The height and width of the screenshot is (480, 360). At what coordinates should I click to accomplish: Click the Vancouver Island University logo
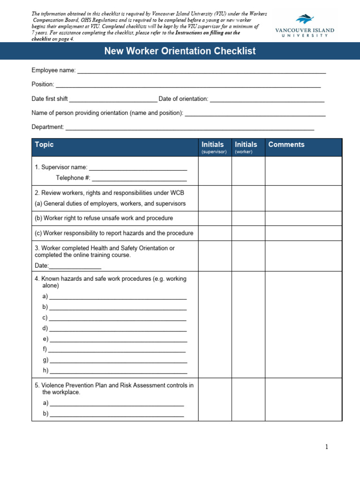tap(305, 27)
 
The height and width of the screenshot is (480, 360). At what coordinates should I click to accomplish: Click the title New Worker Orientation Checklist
tap(180, 51)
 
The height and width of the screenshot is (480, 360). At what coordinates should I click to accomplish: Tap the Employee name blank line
tap(201, 72)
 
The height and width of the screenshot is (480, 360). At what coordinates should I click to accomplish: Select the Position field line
tap(188, 86)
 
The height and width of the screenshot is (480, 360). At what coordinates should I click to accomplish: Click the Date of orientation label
tap(183, 99)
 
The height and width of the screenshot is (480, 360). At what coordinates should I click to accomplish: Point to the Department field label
tap(47, 127)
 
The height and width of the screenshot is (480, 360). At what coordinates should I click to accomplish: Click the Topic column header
tap(44, 145)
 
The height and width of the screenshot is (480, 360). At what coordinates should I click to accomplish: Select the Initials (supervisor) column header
tap(214, 147)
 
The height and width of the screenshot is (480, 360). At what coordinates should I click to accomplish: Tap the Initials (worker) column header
tap(246, 147)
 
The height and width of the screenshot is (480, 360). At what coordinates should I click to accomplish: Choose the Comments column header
tap(286, 145)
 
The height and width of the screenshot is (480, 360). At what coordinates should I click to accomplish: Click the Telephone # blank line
tap(139, 179)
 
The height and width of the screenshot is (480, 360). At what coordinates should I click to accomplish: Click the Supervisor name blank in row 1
tap(138, 169)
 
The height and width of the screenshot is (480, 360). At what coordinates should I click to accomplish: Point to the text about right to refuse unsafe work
tap(104, 218)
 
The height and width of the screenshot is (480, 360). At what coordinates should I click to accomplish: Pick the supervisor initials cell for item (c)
tap(215, 233)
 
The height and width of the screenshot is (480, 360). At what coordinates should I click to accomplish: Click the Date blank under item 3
tap(75, 267)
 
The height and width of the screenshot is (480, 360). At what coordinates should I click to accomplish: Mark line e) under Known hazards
tap(118, 340)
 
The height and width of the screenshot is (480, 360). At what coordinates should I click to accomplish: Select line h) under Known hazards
tap(118, 371)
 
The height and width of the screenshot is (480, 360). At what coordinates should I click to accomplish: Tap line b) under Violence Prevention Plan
tap(116, 414)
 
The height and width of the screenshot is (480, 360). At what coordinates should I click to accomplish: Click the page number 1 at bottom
tap(327, 447)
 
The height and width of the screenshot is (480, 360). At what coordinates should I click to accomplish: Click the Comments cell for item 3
tap(303, 257)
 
